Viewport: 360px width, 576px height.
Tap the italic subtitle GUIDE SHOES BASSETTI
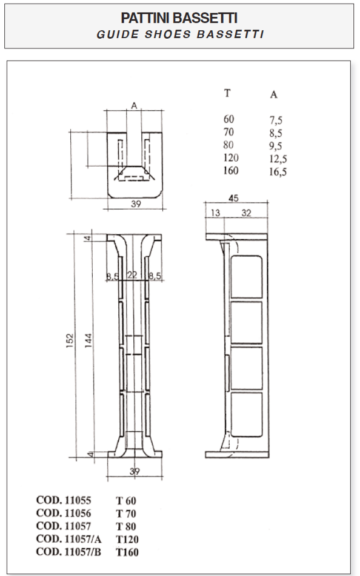(x=179, y=34)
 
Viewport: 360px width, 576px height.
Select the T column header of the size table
(x=227, y=93)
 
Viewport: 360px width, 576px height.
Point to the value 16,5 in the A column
(x=278, y=172)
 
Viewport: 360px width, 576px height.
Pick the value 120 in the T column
(x=231, y=158)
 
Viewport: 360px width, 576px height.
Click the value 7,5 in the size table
(x=276, y=120)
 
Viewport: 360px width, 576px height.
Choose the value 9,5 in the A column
(x=276, y=146)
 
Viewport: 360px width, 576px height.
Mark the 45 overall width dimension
(x=233, y=198)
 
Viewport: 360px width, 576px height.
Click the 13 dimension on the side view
(x=215, y=212)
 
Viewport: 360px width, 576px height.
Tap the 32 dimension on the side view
(x=246, y=212)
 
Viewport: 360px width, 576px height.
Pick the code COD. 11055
(x=64, y=500)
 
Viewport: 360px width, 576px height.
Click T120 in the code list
(x=128, y=539)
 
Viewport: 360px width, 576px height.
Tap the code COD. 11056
(x=64, y=513)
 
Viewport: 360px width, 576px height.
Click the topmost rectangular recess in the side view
(x=247, y=276)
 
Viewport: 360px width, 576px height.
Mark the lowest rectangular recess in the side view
(x=247, y=415)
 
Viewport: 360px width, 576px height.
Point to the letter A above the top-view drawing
(x=134, y=105)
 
